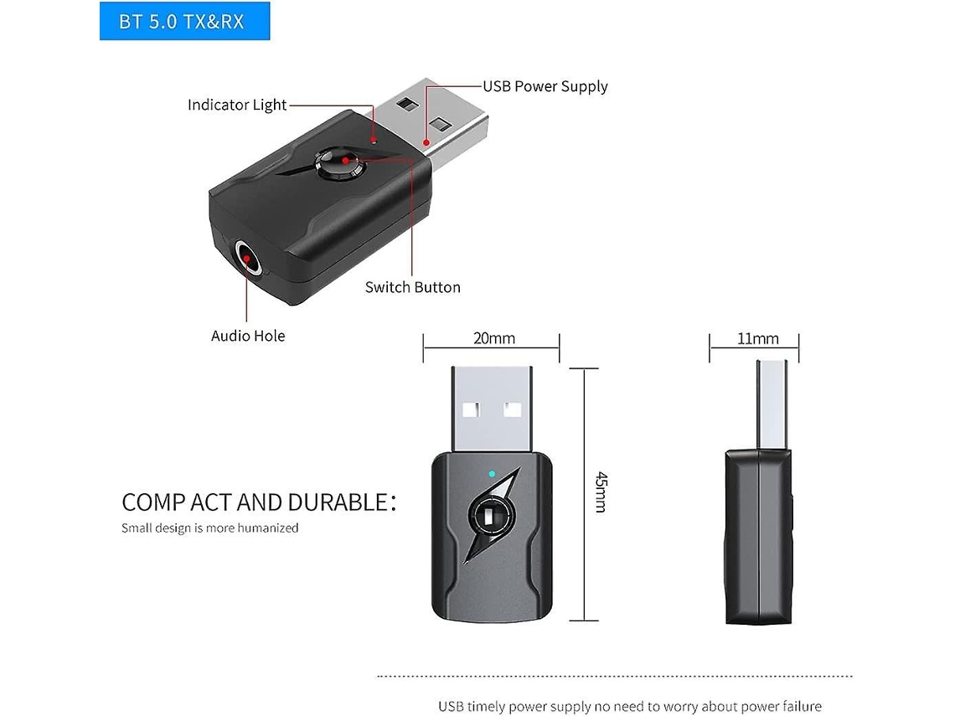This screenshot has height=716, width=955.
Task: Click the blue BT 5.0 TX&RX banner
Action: tap(184, 21)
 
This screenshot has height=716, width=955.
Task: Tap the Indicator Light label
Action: tap(237, 105)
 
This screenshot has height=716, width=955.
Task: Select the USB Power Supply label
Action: tap(545, 86)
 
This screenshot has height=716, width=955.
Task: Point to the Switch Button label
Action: tap(412, 287)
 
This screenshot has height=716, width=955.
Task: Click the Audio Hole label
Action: tap(248, 336)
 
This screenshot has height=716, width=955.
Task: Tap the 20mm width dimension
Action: tap(494, 338)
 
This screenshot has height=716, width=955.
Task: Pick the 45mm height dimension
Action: tap(601, 492)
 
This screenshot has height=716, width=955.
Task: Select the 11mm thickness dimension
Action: tap(757, 338)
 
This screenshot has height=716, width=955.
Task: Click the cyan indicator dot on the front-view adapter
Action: tap(492, 474)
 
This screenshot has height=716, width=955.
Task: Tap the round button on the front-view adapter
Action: tap(491, 517)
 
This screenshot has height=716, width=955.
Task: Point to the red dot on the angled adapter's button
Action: tap(345, 160)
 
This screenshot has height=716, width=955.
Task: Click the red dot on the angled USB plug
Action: tap(426, 142)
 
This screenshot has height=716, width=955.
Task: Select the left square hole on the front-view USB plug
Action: tap(471, 410)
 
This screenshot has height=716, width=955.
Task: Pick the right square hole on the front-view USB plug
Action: tap(512, 410)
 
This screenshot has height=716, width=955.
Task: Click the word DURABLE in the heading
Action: tap(338, 503)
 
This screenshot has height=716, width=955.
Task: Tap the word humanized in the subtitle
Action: tap(267, 528)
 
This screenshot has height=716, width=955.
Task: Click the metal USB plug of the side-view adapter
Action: tap(772, 405)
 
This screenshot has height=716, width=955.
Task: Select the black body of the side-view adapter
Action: tap(759, 537)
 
